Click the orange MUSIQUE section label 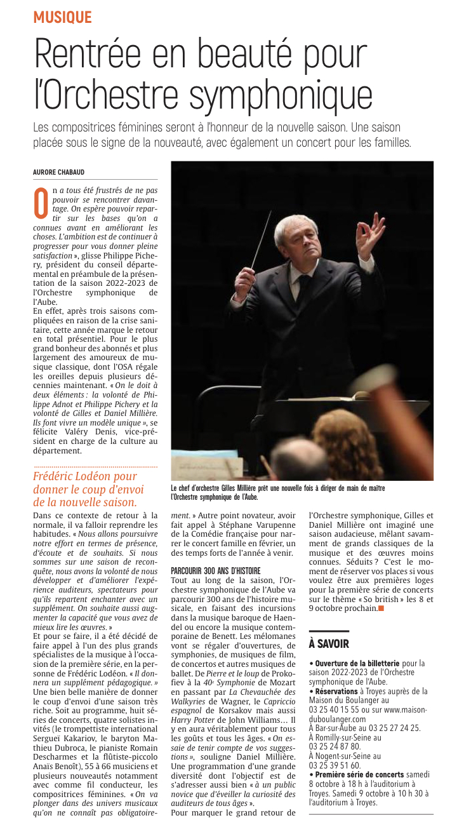[63, 17]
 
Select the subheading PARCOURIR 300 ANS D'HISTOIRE [216, 571]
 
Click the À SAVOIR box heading [329, 643]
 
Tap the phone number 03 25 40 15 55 [335, 709]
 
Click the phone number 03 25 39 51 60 [335, 765]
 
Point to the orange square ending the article [381, 608]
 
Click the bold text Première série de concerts [359, 774]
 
